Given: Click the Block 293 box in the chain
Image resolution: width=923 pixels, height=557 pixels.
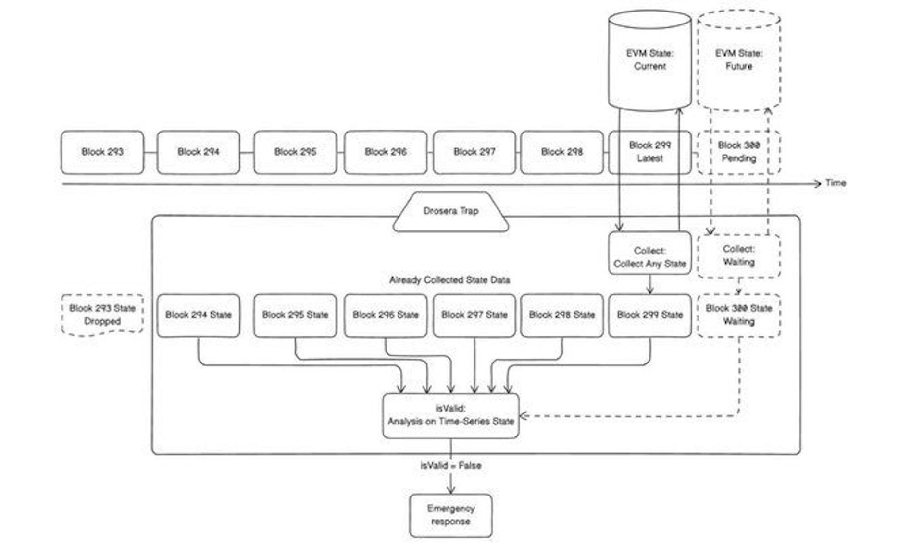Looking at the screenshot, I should pyautogui.click(x=102, y=152).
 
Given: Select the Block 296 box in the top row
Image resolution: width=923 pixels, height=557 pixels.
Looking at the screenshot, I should pyautogui.click(x=386, y=152).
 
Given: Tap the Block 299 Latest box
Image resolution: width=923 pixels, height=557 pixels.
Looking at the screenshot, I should pyautogui.click(x=649, y=152).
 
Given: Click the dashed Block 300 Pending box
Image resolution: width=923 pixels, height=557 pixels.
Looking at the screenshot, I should pyautogui.click(x=738, y=152).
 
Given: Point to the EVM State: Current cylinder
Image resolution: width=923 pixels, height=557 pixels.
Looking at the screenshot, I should pyautogui.click(x=649, y=60).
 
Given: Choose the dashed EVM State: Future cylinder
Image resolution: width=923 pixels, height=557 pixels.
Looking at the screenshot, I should pyautogui.click(x=738, y=60).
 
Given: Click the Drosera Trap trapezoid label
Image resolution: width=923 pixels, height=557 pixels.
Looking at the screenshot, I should pyautogui.click(x=450, y=211).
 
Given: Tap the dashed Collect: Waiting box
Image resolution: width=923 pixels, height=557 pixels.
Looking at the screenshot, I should pyautogui.click(x=738, y=256).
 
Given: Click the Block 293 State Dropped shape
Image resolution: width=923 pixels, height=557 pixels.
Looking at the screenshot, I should pyautogui.click(x=102, y=315).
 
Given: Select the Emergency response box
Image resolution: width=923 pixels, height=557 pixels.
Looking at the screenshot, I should pyautogui.click(x=450, y=515).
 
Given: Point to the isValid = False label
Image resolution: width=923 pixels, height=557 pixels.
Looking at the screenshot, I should pyautogui.click(x=450, y=465).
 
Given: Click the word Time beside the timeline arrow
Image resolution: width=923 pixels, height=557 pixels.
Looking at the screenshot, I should pyautogui.click(x=836, y=183).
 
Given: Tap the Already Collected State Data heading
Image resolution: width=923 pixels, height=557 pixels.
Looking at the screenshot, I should pyautogui.click(x=449, y=280).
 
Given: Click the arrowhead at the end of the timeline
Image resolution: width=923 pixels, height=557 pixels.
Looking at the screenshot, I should pyautogui.click(x=818, y=183).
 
